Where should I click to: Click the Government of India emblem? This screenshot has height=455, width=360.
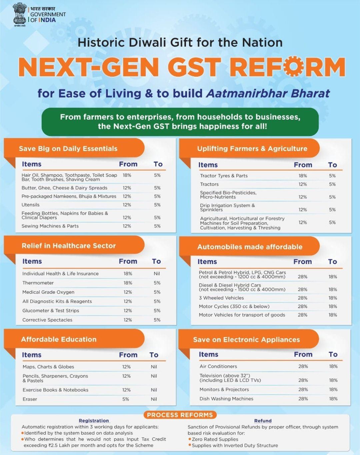click(19, 14)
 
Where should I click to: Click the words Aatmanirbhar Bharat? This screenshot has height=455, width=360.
click(268, 93)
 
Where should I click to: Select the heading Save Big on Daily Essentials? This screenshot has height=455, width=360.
click(68, 149)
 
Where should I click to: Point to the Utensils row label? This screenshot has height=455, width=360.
click(30, 205)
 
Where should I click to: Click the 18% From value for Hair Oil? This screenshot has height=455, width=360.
click(127, 175)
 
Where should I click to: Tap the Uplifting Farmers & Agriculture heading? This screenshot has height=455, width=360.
click(252, 149)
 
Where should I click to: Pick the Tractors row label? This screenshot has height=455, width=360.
click(209, 184)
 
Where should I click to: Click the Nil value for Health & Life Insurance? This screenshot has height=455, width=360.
click(157, 274)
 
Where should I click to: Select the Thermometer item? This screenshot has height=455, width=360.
click(38, 283)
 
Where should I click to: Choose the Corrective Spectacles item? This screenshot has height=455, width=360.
click(47, 320)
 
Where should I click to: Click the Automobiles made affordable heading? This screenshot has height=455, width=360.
click(250, 247)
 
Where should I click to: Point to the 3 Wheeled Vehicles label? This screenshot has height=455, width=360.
click(221, 298)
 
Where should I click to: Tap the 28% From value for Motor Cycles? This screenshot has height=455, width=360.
click(303, 306)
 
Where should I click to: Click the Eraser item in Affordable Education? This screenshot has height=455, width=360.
click(30, 399)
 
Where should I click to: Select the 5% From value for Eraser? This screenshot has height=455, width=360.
click(126, 399)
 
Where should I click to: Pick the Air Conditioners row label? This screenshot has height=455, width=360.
click(218, 366)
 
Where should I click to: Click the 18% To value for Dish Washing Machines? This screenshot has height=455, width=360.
click(333, 399)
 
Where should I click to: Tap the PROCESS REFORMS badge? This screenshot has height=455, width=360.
click(180, 415)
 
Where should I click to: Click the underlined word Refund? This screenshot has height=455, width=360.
click(263, 421)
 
